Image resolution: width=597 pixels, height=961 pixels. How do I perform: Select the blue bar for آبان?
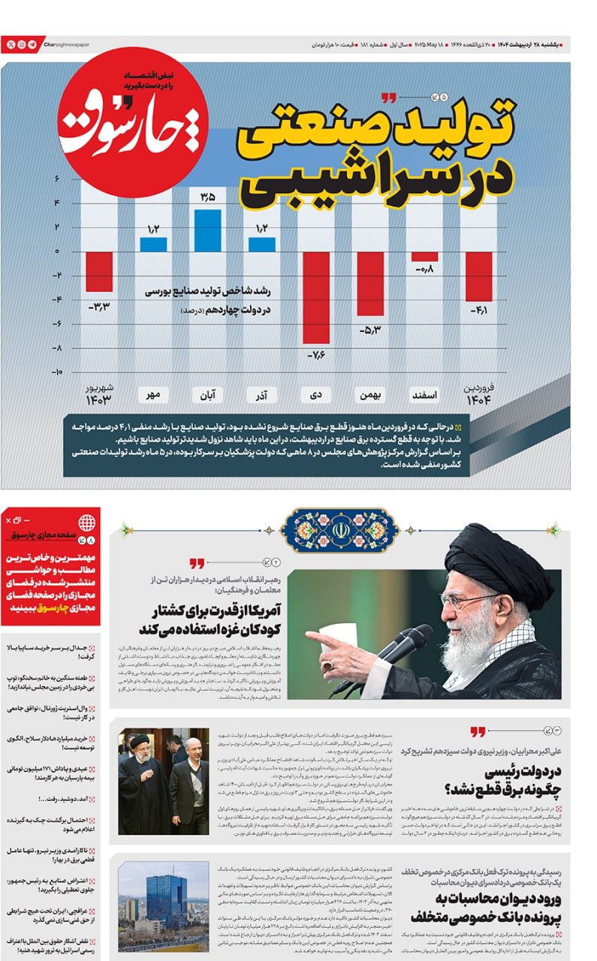pyautogui.click(x=208, y=230)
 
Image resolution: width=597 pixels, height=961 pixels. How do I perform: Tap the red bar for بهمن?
pyautogui.click(x=370, y=283)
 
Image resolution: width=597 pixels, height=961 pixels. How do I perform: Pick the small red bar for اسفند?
pyautogui.click(x=424, y=256)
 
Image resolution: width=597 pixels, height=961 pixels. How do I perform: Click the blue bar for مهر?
pyautogui.click(x=153, y=244)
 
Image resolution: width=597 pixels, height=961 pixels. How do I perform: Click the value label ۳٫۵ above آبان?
pyautogui.click(x=208, y=197)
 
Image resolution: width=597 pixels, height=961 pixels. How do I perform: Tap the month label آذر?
pyautogui.click(x=262, y=395)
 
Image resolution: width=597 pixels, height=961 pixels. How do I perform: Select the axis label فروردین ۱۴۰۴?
pyautogui.click(x=478, y=393)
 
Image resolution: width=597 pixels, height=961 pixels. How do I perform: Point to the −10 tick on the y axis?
pyautogui.click(x=57, y=372)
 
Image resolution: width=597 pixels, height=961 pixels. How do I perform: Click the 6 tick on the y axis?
pyautogui.click(x=57, y=179)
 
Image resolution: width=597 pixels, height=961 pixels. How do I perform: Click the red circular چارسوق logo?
pyautogui.click(x=133, y=121)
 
